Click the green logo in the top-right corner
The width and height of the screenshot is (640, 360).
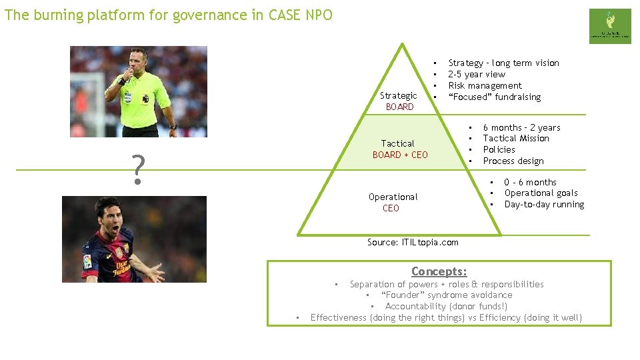tap(609, 26)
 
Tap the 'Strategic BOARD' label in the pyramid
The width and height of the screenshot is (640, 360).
tap(399, 101)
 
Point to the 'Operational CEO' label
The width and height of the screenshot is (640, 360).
tap(392, 202)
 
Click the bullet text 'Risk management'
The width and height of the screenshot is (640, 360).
tap(485, 85)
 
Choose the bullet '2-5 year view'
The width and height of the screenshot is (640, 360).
tap(476, 74)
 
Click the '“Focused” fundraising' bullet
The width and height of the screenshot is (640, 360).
tap(494, 97)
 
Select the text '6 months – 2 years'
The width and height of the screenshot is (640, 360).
tap(521, 127)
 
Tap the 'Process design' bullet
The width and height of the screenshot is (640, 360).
tap(513, 161)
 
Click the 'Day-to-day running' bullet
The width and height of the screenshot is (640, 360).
tap(544, 204)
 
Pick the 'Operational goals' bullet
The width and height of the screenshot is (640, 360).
tap(541, 193)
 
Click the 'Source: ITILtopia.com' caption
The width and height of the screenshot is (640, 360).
tap(413, 242)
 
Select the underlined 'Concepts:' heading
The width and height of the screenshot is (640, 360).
tap(439, 271)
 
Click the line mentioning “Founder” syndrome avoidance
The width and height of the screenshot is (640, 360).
tap(446, 295)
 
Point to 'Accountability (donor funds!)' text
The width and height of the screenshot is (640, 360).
tap(446, 306)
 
